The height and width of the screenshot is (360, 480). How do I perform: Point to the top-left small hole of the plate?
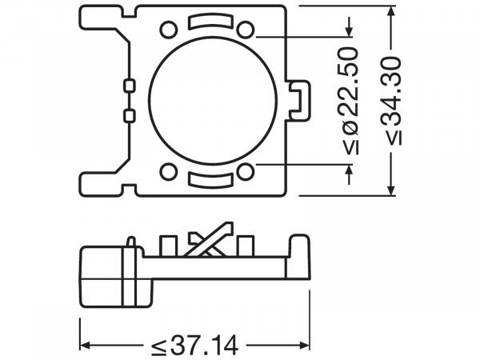click(167, 30)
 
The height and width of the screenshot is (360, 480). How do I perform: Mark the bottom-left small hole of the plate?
click(167, 171)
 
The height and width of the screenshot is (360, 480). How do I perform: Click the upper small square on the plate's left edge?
click(129, 85)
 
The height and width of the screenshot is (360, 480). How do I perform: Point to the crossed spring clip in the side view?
click(206, 242)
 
